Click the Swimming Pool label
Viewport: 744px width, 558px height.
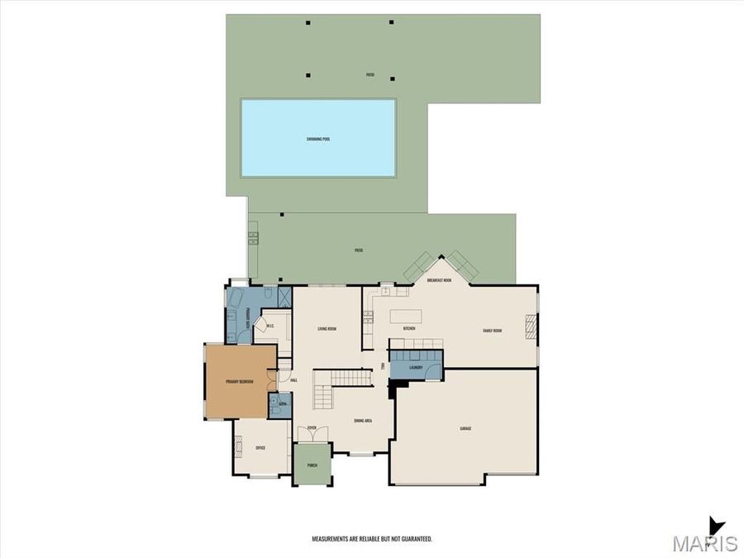pos(318,139)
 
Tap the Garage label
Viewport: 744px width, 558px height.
pos(465,428)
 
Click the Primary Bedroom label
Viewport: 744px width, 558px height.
pos(240,382)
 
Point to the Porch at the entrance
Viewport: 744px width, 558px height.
pos(312,465)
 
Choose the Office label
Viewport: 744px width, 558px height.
pos(260,447)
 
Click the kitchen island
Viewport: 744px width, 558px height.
pos(406,316)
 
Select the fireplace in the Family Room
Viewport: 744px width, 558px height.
pos(533,327)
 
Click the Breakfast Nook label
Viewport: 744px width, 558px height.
pos(439,280)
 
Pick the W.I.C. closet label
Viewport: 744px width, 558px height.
pos(269,325)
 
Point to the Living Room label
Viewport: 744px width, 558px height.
pos(327,329)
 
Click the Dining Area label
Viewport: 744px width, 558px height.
pos(362,421)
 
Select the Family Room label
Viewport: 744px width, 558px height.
pos(493,331)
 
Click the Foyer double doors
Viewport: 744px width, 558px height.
pos(312,434)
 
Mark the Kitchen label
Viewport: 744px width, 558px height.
pos(408,329)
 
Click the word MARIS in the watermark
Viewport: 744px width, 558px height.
pos(704,543)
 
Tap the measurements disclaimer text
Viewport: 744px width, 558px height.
pos(371,538)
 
